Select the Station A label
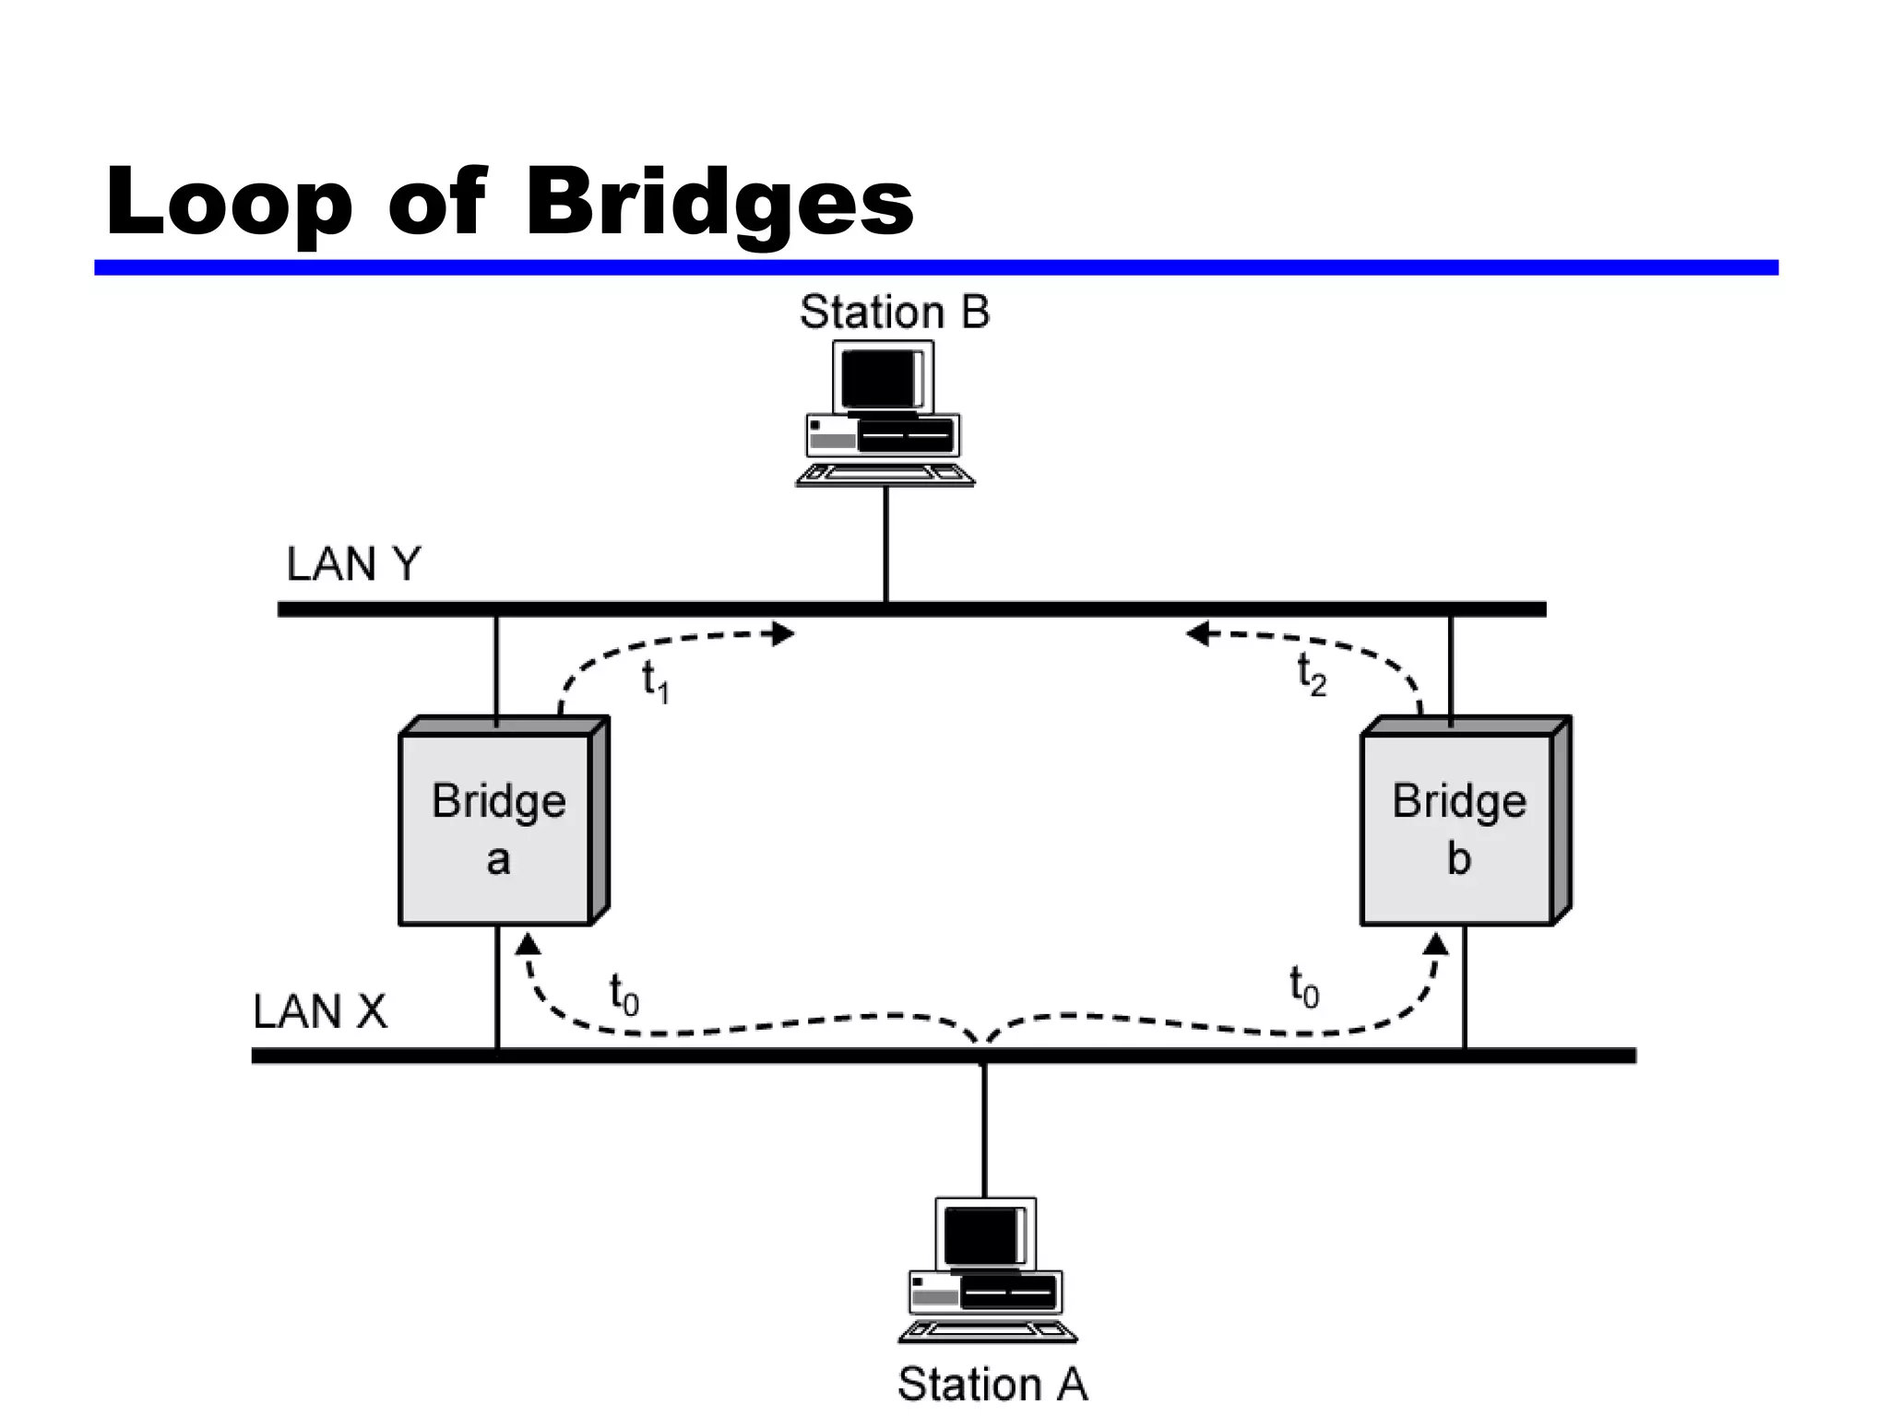pos(992,1384)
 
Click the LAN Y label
pos(353,563)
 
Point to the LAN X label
pos(320,1011)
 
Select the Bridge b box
pos(1457,829)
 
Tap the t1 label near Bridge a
pos(655,682)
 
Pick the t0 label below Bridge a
pos(624,994)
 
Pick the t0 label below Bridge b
pos(1303,987)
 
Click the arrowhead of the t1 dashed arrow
pos(784,633)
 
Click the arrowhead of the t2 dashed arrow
pos(1197,633)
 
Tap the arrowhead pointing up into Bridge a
pos(528,943)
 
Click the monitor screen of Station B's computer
pos(877,378)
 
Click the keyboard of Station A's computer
pos(988,1331)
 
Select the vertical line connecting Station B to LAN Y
pos(886,544)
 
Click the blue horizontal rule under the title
pos(935,267)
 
